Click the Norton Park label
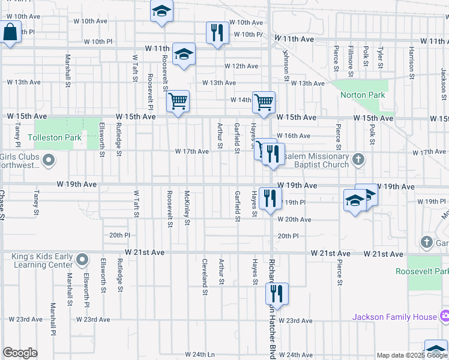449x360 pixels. (362, 95)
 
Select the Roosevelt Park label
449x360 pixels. (422, 271)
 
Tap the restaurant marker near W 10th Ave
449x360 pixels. (217, 33)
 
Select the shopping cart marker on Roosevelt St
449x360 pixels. (178, 101)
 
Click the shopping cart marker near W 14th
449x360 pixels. (264, 102)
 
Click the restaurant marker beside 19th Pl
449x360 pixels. (270, 198)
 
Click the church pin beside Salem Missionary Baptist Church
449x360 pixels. (358, 160)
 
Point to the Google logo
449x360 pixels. (20, 353)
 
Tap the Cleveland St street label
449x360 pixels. (205, 277)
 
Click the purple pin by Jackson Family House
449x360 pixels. (444, 316)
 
